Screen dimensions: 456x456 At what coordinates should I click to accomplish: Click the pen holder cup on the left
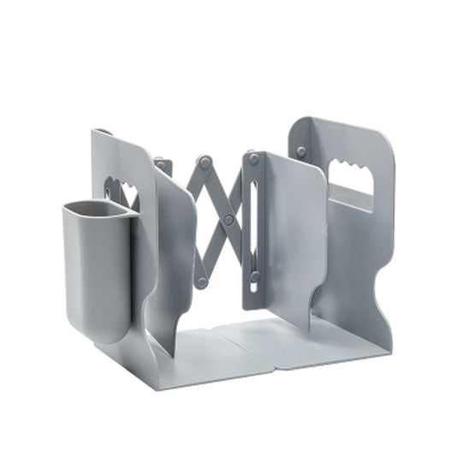click(x=96, y=265)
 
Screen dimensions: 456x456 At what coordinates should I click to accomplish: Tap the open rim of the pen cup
click(x=94, y=209)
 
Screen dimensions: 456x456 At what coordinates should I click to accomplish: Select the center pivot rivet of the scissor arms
click(x=228, y=219)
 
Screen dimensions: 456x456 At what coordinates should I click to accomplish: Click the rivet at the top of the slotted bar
click(x=254, y=158)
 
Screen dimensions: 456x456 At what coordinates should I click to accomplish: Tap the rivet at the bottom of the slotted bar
click(x=254, y=275)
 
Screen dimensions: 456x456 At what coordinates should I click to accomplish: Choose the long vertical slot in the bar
click(x=255, y=218)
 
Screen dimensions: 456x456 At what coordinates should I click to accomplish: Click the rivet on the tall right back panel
click(x=301, y=151)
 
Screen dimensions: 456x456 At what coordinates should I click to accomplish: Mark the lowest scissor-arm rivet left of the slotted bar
click(x=203, y=281)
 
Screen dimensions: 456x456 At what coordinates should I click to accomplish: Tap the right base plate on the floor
click(x=299, y=338)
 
